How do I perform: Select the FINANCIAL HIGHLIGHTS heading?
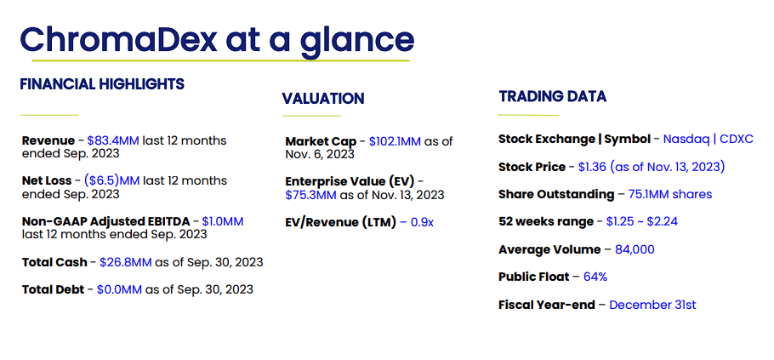point(102,84)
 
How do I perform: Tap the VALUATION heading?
point(323,99)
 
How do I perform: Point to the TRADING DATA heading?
point(553,96)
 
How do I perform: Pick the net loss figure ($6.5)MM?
point(112,180)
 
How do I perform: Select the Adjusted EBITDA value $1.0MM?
point(222,220)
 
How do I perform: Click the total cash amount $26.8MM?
point(127,262)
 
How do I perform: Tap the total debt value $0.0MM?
point(119,289)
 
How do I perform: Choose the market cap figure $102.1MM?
point(396,140)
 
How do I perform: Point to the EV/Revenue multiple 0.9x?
point(421,222)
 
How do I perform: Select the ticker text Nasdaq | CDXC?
point(708,139)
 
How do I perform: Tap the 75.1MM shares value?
point(670,194)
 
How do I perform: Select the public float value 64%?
point(595,277)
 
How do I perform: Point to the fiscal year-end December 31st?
point(652,304)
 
